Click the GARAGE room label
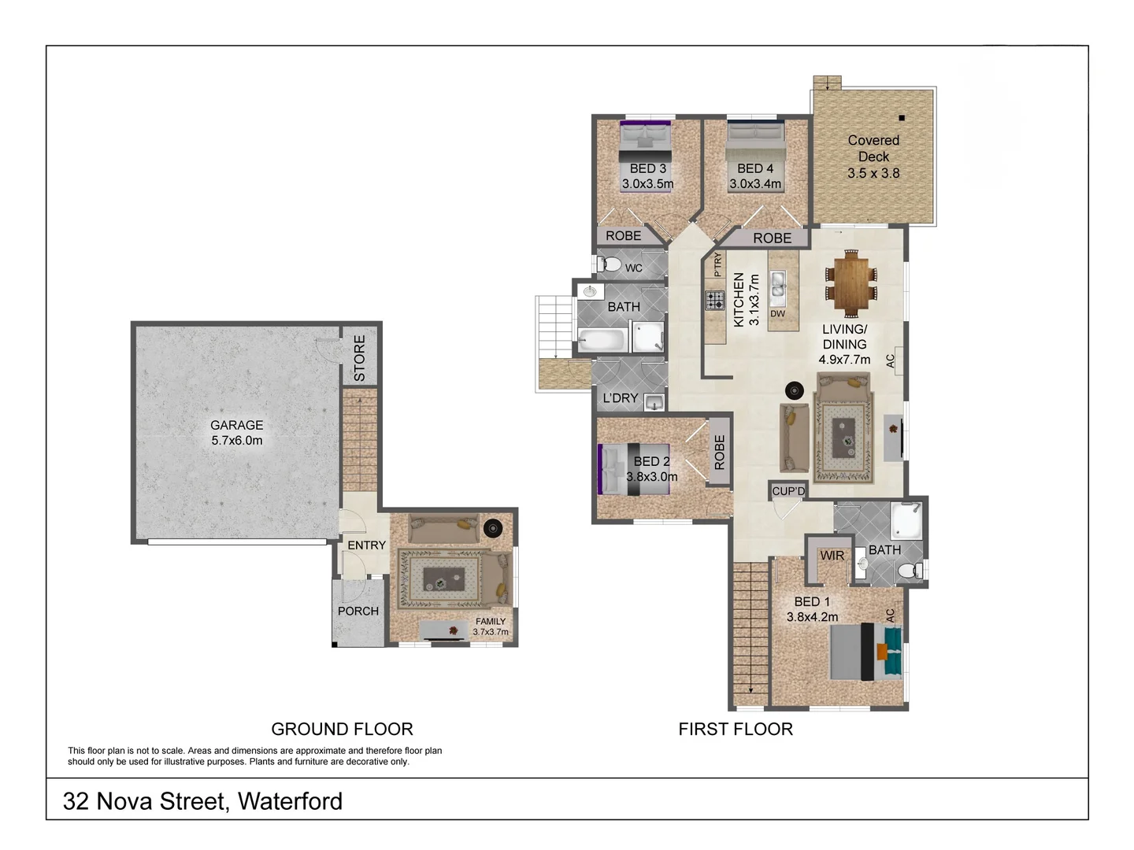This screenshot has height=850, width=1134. pos(236,425)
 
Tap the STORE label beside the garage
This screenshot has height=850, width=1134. pos(359,358)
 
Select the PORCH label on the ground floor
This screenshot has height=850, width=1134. pos(358,611)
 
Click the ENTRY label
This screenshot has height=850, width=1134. pos(366,545)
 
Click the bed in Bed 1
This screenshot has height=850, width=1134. pos(866,652)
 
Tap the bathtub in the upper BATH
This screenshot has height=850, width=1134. pos(602,341)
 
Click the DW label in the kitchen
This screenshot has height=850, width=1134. pos(777,314)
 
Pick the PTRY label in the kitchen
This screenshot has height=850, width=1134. pos(717,264)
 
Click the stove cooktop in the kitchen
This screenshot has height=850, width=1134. pos(715,300)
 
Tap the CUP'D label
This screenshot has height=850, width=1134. pos(788,491)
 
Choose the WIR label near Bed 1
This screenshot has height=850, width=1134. pos(832,556)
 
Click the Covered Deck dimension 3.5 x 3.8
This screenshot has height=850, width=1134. pos(873,173)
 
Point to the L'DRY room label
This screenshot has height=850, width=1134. pos(621,398)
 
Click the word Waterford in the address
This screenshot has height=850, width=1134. pos(290,801)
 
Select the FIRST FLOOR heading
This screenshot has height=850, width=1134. pos(736,730)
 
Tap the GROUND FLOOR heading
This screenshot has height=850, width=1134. pos(342,730)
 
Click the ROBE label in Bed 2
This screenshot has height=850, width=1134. pos(719,453)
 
